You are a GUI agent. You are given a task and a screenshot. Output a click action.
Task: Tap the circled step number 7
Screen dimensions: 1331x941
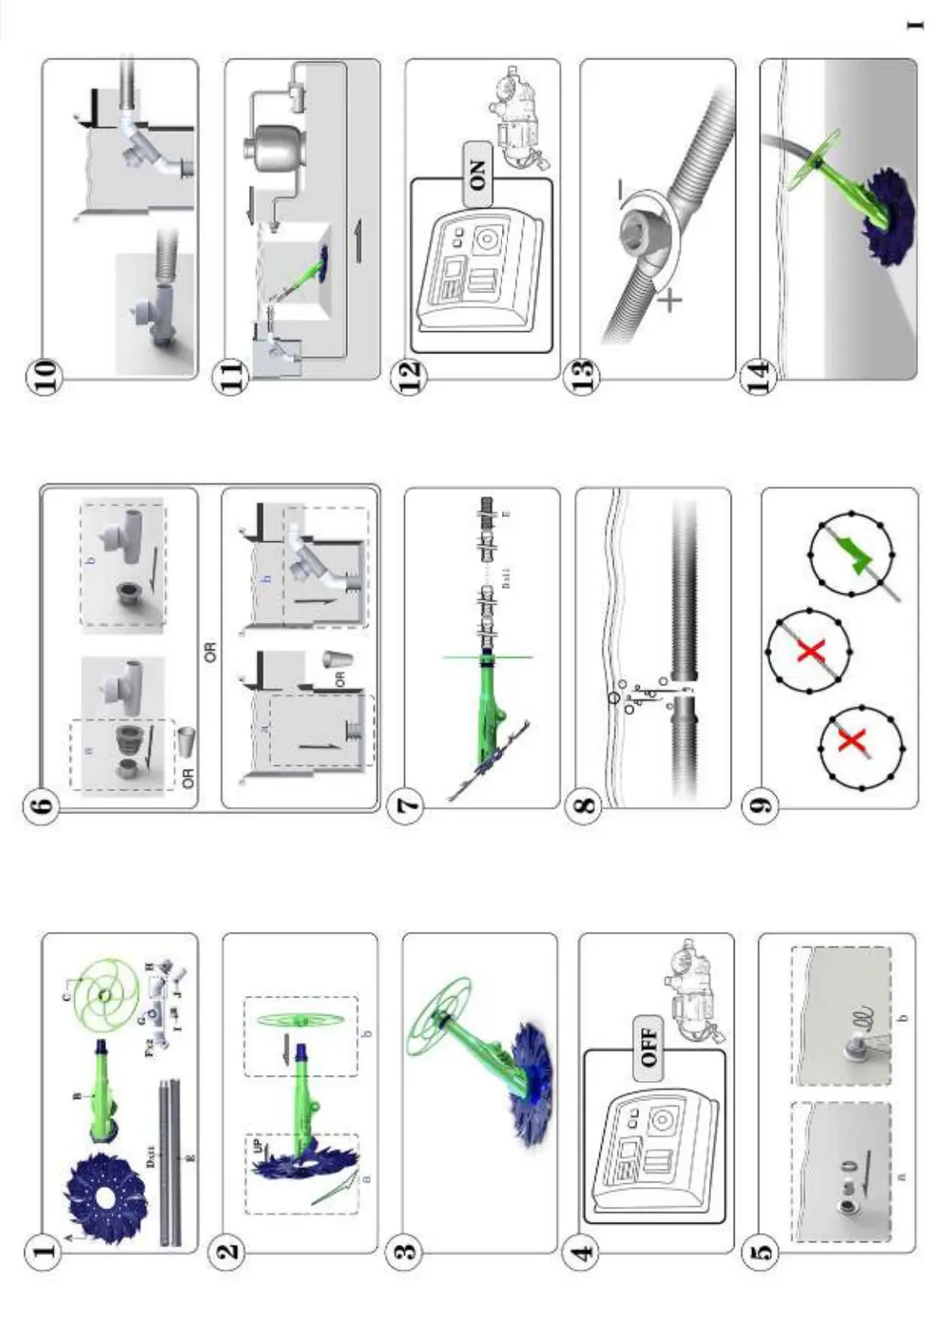point(409,806)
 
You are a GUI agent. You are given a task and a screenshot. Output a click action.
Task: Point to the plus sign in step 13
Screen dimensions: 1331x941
point(669,300)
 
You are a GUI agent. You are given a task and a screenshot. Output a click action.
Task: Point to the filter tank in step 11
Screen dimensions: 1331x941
point(273,149)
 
